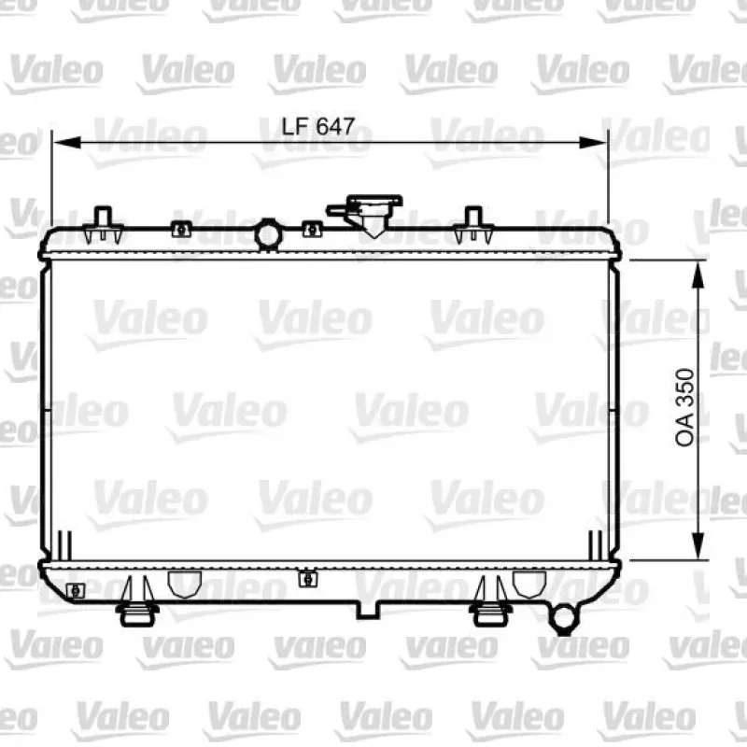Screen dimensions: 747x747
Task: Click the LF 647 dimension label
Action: [318, 126]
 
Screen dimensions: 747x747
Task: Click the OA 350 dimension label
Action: [685, 407]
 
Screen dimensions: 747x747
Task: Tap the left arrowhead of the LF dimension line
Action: [67, 143]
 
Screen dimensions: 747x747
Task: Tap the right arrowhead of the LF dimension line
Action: [592, 143]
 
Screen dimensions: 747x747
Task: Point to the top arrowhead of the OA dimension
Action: [698, 275]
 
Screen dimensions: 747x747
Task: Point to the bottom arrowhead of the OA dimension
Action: [698, 546]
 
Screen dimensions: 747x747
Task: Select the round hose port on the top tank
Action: [268, 234]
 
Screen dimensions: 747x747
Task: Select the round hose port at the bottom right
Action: [564, 618]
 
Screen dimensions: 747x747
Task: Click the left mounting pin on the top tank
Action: [103, 225]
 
